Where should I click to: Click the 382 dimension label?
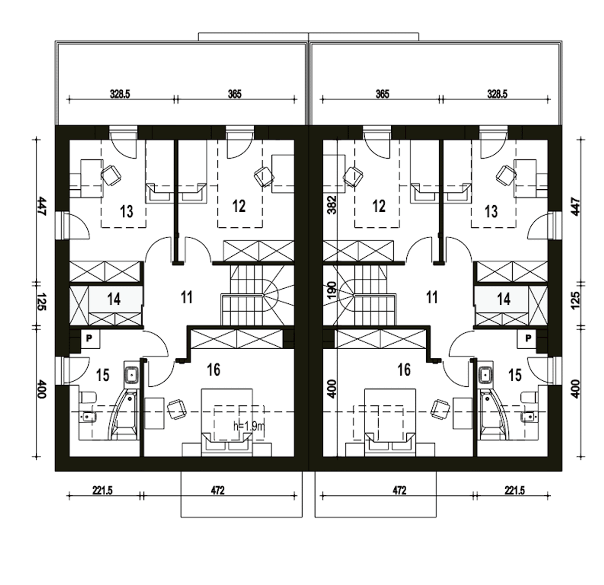(332, 205)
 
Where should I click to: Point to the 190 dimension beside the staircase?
(332, 290)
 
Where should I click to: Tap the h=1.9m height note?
(250, 427)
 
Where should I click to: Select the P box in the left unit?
(89, 338)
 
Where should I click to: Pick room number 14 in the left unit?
(114, 299)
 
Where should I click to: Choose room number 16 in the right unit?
(404, 370)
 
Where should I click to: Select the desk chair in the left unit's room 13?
(111, 175)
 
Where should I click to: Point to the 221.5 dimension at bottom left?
(102, 491)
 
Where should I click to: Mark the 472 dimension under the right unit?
(400, 491)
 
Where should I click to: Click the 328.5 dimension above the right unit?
(497, 94)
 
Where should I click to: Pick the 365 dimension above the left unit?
(235, 94)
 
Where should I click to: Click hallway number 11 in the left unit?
(187, 297)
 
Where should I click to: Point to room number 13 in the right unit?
(491, 212)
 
